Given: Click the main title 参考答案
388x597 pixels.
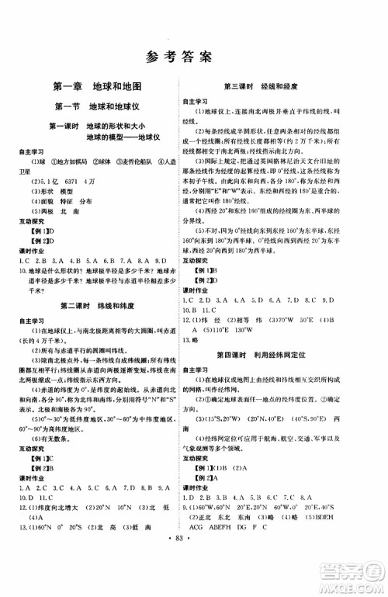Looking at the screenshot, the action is pyautogui.click(x=194, y=56).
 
